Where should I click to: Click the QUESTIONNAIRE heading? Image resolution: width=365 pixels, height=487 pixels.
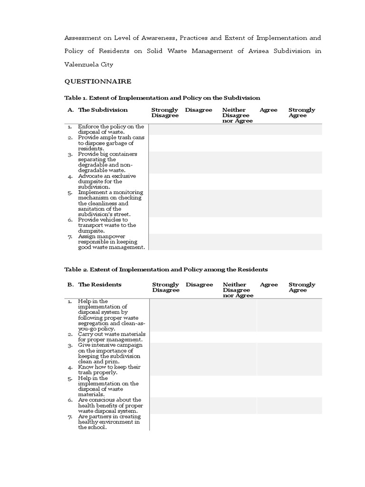(98, 81)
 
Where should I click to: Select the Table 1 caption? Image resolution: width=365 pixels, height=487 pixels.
(162, 98)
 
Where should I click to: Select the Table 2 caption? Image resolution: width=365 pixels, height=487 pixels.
(166, 269)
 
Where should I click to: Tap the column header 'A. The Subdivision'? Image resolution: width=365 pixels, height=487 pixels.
(97, 110)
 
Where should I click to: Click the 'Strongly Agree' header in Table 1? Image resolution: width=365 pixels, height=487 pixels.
(301, 113)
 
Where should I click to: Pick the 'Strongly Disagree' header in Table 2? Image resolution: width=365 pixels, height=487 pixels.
(165, 287)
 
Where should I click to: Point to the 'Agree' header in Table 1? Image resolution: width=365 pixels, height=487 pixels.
(269, 110)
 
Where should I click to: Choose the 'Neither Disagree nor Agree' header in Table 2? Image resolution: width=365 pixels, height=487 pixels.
(238, 290)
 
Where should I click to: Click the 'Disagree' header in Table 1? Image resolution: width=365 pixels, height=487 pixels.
(199, 110)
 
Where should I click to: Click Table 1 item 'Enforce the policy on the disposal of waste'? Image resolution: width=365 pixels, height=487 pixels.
(111, 129)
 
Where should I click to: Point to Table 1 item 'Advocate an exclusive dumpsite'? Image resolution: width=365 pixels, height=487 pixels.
(106, 181)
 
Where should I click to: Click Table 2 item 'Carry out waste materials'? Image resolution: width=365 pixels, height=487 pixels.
(111, 337)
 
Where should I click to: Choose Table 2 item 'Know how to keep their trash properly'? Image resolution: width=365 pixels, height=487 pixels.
(109, 370)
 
